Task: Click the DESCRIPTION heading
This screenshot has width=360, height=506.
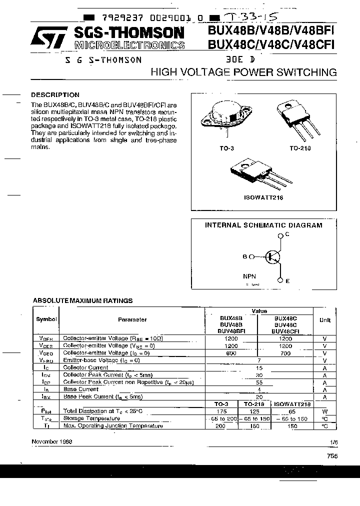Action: [55, 94]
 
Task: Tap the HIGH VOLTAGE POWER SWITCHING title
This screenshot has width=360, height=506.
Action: [243, 72]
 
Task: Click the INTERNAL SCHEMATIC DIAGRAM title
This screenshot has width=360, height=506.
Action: [263, 225]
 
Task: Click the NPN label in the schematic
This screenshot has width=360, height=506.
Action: [249, 275]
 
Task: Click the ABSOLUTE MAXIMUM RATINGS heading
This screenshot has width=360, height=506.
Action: [82, 300]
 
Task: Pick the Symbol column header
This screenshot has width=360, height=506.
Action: [46, 319]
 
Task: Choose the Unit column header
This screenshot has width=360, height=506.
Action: [324, 319]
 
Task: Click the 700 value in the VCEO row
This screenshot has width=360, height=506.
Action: [285, 353]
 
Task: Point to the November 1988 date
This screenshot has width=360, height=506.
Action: [52, 441]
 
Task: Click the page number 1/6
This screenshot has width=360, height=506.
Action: [333, 442]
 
